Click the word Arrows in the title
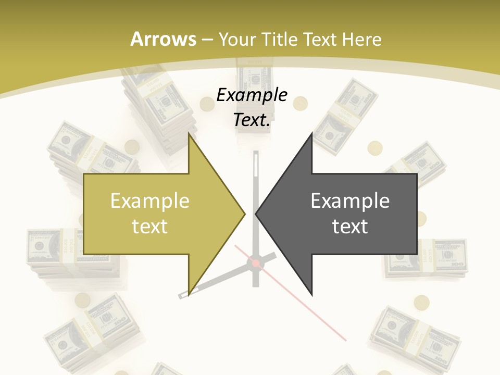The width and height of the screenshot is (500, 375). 163,39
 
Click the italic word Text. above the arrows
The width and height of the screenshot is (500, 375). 252,120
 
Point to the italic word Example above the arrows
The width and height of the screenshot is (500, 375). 252,95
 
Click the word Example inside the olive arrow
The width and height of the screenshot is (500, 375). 150,201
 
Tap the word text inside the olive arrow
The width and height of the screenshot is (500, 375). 150,226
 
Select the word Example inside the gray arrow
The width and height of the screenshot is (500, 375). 350,201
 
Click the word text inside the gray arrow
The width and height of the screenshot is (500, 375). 350,226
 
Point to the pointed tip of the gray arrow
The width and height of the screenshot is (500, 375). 256,213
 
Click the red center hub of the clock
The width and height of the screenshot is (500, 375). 256,264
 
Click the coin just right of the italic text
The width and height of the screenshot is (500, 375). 300,104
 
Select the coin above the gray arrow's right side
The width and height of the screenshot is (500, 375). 375,149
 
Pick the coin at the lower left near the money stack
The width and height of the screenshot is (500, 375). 82,300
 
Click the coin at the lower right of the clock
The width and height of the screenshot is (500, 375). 422,303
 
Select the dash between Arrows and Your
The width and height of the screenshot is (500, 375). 207,40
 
